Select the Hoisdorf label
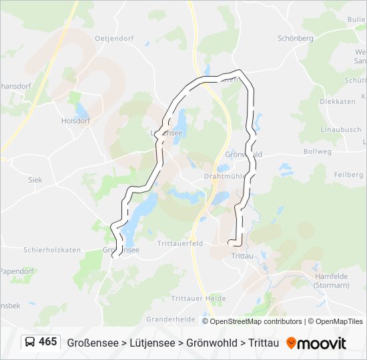(x=75, y=121)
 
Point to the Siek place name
(x=35, y=180)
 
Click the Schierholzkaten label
(x=52, y=249)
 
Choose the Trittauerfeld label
(x=179, y=244)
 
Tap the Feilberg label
(x=348, y=174)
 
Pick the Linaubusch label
(x=340, y=129)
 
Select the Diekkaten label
(x=337, y=102)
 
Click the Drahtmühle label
(x=222, y=177)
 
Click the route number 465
(x=48, y=342)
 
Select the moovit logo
(x=316, y=343)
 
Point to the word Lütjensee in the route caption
(x=153, y=343)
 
